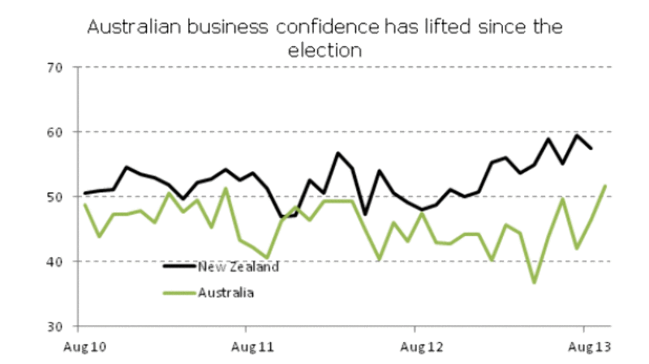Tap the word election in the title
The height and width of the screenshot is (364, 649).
coord(324,49)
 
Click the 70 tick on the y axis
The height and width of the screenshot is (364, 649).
coord(54,67)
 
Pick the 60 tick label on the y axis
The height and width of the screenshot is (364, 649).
coord(54,132)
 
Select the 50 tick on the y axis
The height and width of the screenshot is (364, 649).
coord(54,197)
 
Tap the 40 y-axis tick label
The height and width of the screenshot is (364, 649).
coord(54,262)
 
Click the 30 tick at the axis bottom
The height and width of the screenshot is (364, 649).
coord(54,327)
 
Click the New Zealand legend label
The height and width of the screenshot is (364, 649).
coord(238,268)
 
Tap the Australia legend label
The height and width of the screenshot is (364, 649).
coord(226,292)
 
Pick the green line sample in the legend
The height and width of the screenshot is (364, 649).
coord(180,292)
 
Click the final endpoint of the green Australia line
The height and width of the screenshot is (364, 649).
coord(605,186)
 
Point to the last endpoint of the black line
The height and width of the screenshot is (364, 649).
coord(591,148)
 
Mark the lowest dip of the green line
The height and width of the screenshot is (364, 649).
coord(535,282)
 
